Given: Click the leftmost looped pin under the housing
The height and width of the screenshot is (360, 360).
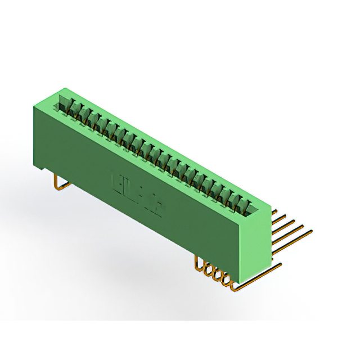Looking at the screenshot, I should tap(199, 262).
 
